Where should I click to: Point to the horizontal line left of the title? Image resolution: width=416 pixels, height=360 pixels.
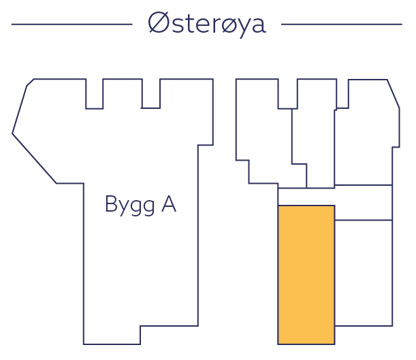[x=71, y=24]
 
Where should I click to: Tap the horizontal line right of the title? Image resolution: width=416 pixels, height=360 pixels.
[x=341, y=24]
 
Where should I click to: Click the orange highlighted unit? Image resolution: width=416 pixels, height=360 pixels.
[x=306, y=274]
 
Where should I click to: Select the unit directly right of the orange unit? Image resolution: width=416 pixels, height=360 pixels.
[x=364, y=272]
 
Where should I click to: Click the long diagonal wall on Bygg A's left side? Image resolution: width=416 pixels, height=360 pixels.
[x=34, y=159]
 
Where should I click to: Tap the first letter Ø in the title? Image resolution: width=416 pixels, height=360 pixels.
[x=158, y=24]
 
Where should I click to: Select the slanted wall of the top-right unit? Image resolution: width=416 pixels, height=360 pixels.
[x=394, y=93]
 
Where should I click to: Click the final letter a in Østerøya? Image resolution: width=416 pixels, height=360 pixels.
[x=258, y=25]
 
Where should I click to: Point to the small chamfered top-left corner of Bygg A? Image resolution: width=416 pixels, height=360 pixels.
[x=30, y=82]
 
